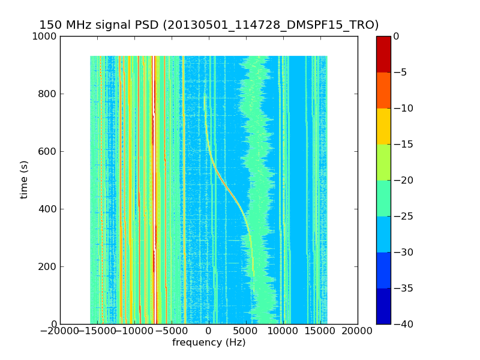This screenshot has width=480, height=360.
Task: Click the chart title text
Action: click(209, 25)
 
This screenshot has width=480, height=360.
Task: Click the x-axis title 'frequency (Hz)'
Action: click(209, 343)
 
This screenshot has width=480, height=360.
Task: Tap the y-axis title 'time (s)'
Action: click(25, 179)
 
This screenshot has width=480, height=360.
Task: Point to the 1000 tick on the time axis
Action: click(46, 37)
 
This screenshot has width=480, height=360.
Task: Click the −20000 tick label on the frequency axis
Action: click(61, 331)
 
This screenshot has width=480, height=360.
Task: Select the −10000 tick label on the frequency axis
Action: click(135, 331)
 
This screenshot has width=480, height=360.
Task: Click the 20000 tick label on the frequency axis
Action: click(358, 331)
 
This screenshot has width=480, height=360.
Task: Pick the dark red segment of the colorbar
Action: click(383, 54)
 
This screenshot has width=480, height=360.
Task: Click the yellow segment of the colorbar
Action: click(383, 126)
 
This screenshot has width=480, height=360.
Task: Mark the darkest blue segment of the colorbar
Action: click(383, 306)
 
